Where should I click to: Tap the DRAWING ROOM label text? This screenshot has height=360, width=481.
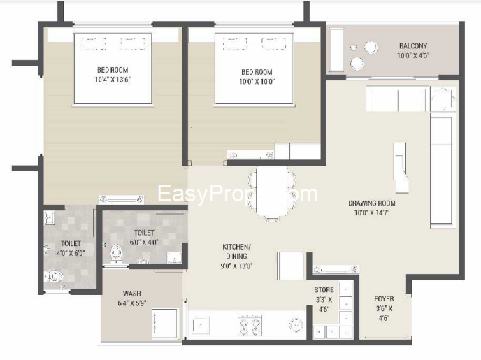(x=372, y=203)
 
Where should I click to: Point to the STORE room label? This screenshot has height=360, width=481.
(x=324, y=289)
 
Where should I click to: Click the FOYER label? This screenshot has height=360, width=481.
(x=384, y=299)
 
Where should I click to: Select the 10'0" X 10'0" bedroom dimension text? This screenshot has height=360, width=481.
(x=256, y=80)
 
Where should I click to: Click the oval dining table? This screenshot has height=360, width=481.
(x=271, y=193)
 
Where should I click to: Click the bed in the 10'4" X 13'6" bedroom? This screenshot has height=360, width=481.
(x=113, y=70)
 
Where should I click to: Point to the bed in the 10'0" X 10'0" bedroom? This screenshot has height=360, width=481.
(x=256, y=70)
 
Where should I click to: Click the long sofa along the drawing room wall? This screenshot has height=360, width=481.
(x=442, y=171)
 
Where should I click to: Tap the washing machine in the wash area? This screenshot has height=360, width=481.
(x=166, y=323)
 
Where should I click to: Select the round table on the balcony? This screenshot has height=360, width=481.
(x=370, y=48)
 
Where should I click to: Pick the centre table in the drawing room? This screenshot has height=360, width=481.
(x=400, y=166)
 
